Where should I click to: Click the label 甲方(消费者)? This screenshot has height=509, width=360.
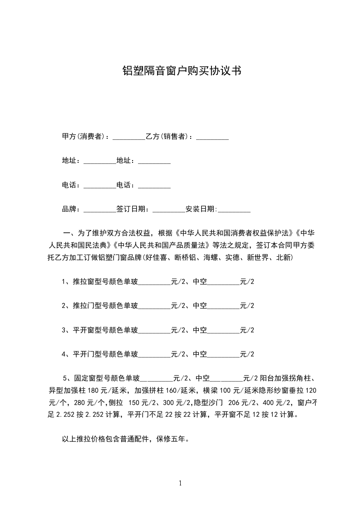pos(84,137)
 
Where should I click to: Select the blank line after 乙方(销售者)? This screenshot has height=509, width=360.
pos(212,137)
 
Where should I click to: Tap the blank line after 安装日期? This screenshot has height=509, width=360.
pos(234,209)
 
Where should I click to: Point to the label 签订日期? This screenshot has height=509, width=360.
pos(131,209)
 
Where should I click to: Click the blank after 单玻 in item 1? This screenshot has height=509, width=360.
pos(154,282)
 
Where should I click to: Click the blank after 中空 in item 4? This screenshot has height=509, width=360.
pos(223,354)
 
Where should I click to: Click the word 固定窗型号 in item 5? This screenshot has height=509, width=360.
pos(94,378)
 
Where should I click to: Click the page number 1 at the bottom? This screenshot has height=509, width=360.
pos(180,484)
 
